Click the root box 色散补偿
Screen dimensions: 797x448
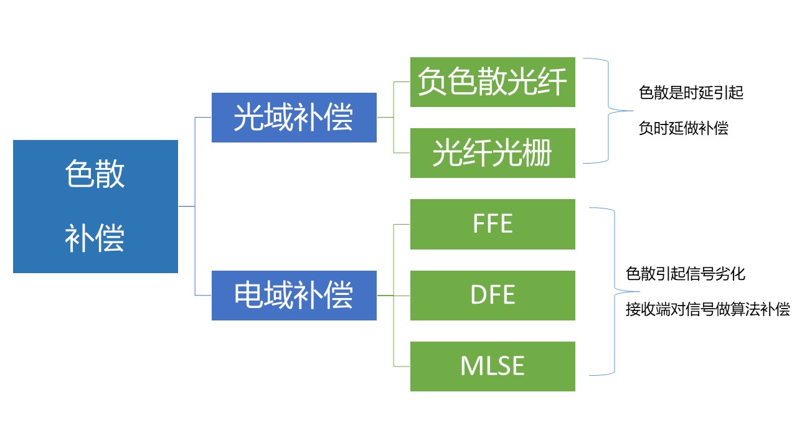pyautogui.click(x=95, y=207)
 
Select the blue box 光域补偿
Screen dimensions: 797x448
pyautogui.click(x=294, y=118)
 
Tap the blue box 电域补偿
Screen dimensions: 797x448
pyautogui.click(x=294, y=296)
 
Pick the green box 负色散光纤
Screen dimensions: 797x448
pyautogui.click(x=493, y=82)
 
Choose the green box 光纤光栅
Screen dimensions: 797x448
pyautogui.click(x=493, y=153)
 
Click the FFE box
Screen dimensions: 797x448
pyautogui.click(x=493, y=224)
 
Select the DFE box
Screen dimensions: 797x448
pyautogui.click(x=493, y=296)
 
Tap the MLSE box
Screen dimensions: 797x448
pyautogui.click(x=493, y=366)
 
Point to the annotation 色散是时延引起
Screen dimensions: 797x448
pyautogui.click(x=691, y=93)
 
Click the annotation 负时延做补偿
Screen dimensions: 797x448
pyautogui.click(x=683, y=128)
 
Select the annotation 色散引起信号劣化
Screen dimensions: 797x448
pyautogui.click(x=686, y=274)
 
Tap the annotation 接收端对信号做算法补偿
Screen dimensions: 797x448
pyautogui.click(x=708, y=309)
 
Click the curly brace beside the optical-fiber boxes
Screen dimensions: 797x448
pyautogui.click(x=608, y=111)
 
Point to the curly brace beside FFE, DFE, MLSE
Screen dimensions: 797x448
pyautogui.click(x=615, y=292)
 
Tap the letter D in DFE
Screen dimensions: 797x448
pyautogui.click(x=478, y=295)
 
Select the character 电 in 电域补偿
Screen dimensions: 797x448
pyautogui.click(x=248, y=295)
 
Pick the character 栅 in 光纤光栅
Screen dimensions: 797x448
pyautogui.click(x=537, y=153)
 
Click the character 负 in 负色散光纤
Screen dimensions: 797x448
pyautogui.click(x=432, y=82)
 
